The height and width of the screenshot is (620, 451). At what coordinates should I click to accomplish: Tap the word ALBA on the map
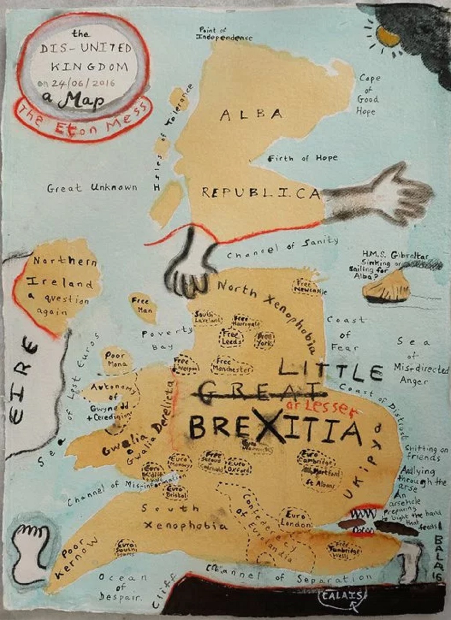(x=251, y=114)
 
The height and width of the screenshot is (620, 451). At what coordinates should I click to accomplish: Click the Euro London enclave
(x=296, y=519)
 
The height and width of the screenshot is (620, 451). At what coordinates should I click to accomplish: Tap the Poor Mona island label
(x=116, y=359)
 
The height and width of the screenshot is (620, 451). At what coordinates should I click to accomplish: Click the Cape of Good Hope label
(x=368, y=94)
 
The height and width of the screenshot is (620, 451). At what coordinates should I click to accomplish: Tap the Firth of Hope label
(x=303, y=158)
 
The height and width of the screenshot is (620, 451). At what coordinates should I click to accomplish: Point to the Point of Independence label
(x=224, y=34)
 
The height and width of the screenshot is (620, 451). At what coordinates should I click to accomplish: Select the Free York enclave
(x=264, y=340)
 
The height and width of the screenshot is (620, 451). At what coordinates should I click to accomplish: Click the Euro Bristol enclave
(x=176, y=491)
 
